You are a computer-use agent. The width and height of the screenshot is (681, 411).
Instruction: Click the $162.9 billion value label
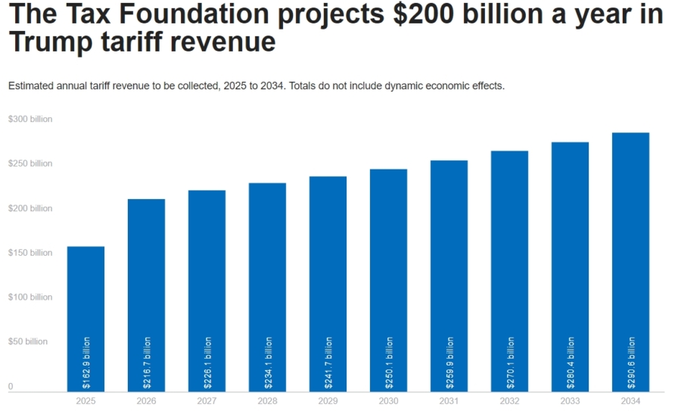(86, 363)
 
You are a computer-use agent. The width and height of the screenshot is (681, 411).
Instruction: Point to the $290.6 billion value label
(631, 363)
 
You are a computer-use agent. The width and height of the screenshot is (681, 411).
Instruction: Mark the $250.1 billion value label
(389, 363)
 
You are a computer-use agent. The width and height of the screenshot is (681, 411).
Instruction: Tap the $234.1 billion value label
(268, 363)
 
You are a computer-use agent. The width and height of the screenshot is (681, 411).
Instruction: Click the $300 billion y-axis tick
(30, 120)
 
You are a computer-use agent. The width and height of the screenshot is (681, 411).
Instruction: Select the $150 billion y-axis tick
(30, 253)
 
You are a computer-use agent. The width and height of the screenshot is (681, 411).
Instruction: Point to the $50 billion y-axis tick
(28, 341)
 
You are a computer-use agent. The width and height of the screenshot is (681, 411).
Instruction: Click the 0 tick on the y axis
(11, 387)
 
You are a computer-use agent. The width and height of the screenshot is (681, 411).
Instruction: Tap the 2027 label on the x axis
(207, 400)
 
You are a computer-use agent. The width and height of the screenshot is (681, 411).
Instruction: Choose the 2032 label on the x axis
(509, 400)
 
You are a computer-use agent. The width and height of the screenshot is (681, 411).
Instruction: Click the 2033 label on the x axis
(570, 400)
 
